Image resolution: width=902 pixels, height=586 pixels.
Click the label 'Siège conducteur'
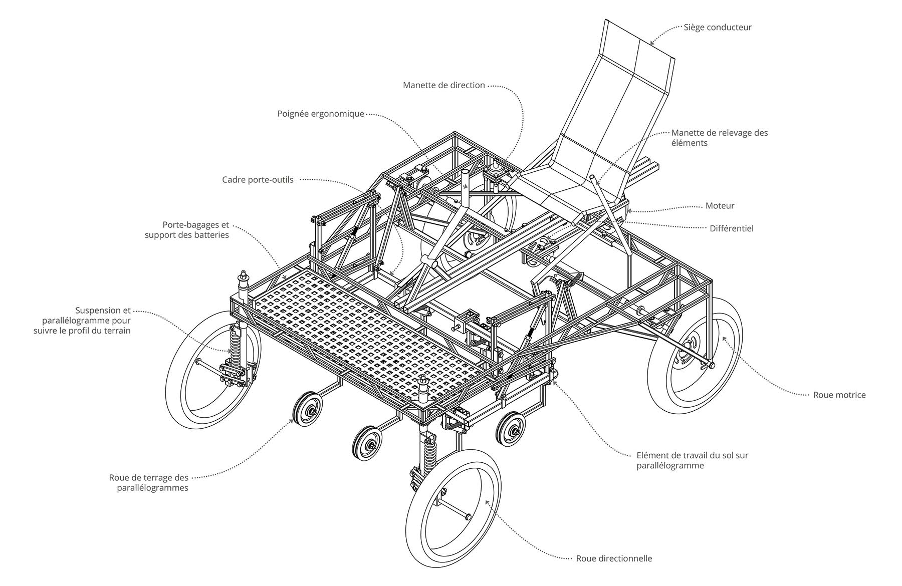point(718,28)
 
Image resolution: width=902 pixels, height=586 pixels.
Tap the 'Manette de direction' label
point(443,85)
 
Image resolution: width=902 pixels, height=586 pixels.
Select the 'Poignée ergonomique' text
point(321,114)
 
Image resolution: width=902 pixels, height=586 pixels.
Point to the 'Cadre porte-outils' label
point(258,180)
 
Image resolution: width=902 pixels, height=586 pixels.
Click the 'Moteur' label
point(720,206)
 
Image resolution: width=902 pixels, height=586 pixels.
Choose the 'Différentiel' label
point(731,228)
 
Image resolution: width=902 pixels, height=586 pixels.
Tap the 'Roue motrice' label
point(839,395)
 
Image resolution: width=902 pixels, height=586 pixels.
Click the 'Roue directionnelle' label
point(614,558)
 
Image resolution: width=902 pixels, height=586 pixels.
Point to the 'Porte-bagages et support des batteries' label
point(187,230)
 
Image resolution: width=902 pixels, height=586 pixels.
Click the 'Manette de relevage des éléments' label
point(719,138)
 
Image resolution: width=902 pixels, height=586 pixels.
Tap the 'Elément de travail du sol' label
point(692,460)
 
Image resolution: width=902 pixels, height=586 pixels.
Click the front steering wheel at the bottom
point(454,508)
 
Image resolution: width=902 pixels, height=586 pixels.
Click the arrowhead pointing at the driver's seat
point(652,44)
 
